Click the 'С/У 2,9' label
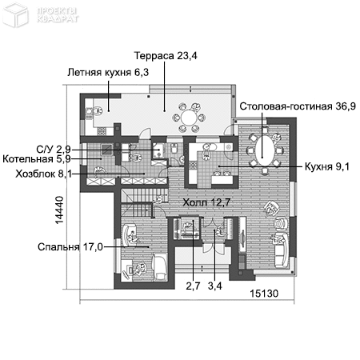tap(54, 149)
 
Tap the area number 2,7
tap(193, 284)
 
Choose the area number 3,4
tap(215, 284)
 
